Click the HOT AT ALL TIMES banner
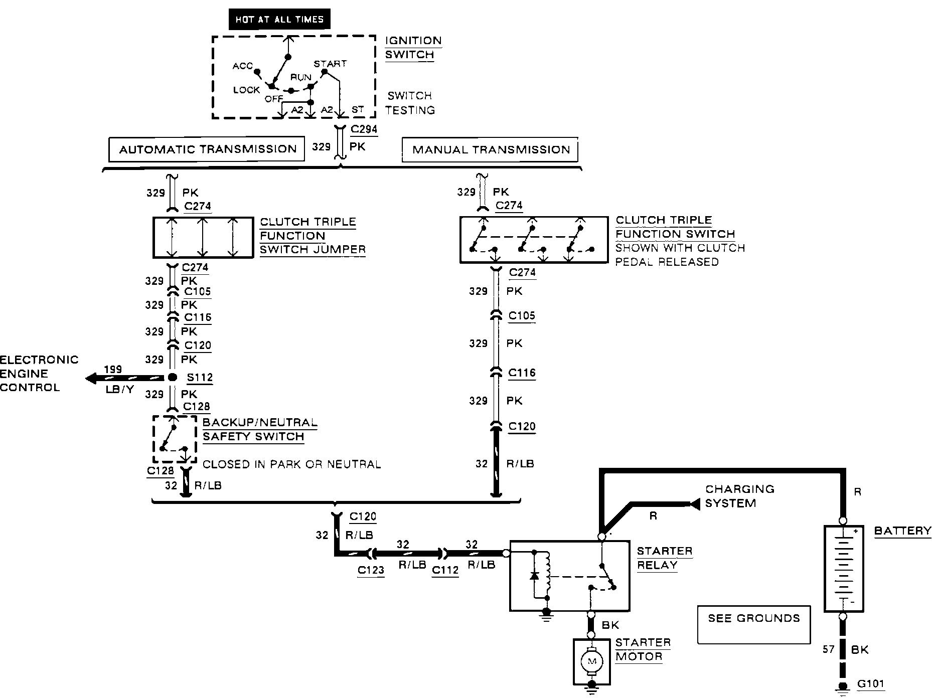tap(279, 20)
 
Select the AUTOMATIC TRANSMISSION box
tap(207, 149)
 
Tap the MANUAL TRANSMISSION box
tap(490, 149)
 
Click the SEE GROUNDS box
tap(754, 624)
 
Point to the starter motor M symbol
tap(592, 662)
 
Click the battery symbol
tap(843, 569)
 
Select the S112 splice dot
tap(172, 378)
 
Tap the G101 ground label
tap(870, 683)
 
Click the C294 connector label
tap(364, 129)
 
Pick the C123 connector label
tap(371, 570)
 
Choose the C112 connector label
tap(445, 570)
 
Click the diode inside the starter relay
tap(534, 575)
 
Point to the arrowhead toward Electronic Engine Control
tap(91, 378)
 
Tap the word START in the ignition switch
tap(330, 64)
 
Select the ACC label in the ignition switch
tap(242, 66)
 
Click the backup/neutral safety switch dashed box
tap(175, 439)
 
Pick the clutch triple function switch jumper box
tap(203, 238)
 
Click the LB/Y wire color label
tap(120, 389)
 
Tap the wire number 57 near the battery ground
tap(828, 649)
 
